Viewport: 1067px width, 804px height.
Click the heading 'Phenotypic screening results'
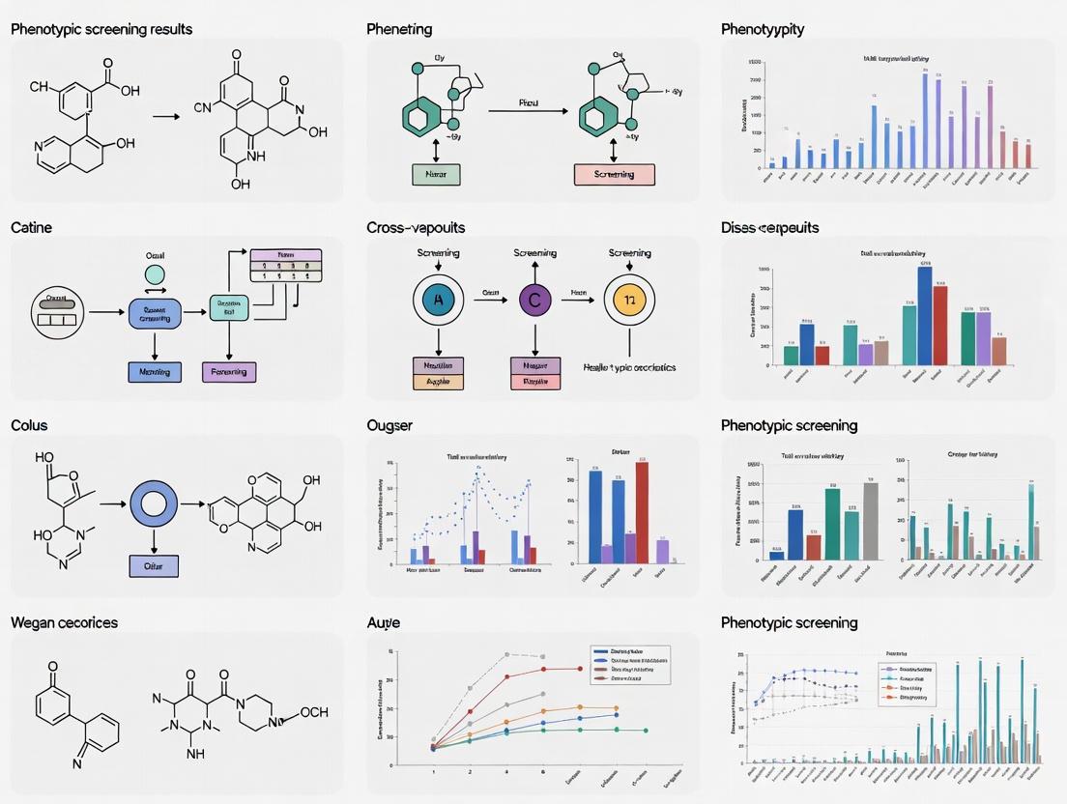pos(101,29)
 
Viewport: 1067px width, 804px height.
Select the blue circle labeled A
pos(438,300)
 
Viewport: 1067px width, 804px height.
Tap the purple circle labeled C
pos(534,300)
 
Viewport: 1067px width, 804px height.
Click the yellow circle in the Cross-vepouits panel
pos(629,300)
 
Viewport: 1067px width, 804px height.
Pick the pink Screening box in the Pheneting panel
pos(614,175)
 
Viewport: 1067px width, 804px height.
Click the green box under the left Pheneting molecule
pos(436,175)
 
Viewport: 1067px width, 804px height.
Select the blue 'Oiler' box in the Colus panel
pos(154,566)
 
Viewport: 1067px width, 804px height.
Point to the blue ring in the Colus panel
pos(154,504)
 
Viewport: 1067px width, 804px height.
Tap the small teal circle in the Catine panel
pos(155,274)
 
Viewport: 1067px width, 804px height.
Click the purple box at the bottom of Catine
pos(228,371)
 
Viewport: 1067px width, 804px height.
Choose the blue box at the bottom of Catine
pos(155,371)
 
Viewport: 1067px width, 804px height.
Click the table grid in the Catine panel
pos(285,265)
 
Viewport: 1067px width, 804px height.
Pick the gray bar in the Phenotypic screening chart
pos(871,521)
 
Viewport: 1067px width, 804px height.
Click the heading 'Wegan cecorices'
pos(64,623)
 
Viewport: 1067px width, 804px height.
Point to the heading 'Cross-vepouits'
pos(416,228)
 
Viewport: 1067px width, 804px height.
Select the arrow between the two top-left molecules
pos(167,117)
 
